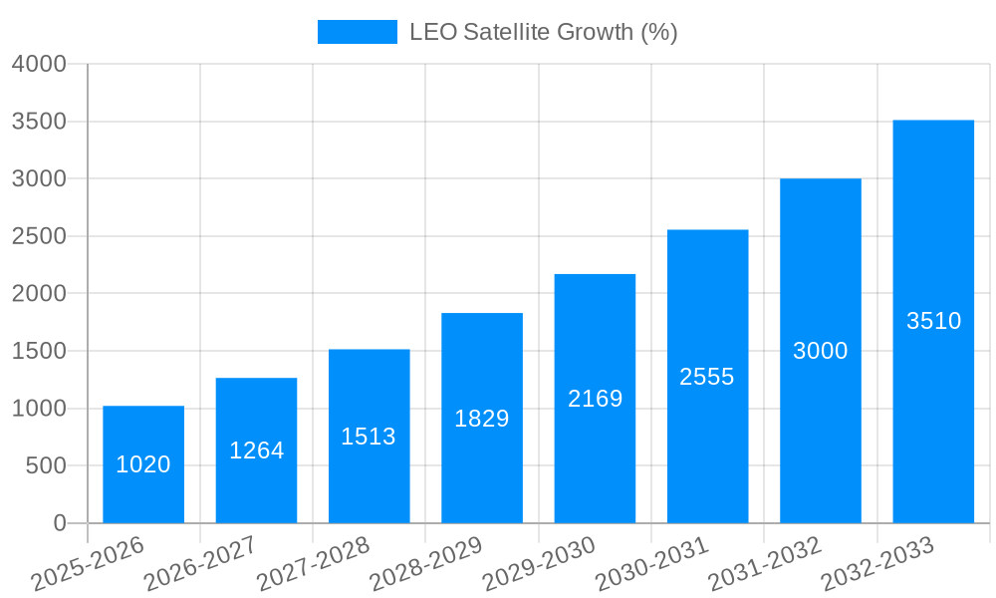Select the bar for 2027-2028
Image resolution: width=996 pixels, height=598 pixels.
(x=369, y=478)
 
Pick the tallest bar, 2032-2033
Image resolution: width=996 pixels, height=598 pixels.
(x=933, y=399)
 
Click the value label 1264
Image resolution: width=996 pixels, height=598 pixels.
(x=256, y=450)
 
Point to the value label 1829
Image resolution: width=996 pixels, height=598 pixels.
(x=482, y=419)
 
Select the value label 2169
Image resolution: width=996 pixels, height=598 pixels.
(x=595, y=399)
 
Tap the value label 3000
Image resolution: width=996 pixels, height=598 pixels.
(x=821, y=351)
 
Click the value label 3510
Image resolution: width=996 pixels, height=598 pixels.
(x=933, y=321)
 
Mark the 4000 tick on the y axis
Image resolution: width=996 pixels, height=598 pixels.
(x=39, y=64)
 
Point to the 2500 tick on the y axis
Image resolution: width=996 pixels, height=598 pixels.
(x=39, y=236)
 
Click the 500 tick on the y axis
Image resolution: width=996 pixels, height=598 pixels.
(x=46, y=465)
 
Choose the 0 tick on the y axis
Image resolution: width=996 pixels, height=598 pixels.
(x=59, y=523)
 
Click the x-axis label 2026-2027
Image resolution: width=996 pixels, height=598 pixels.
(x=199, y=565)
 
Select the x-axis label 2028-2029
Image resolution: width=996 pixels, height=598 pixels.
(x=425, y=565)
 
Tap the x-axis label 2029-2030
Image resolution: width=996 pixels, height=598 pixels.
(x=538, y=565)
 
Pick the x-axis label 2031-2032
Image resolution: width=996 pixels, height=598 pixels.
(x=764, y=565)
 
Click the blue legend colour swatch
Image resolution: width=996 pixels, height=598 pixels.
(x=357, y=32)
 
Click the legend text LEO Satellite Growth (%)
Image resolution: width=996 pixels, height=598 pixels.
(x=543, y=32)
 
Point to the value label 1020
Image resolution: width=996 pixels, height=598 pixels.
(x=143, y=464)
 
